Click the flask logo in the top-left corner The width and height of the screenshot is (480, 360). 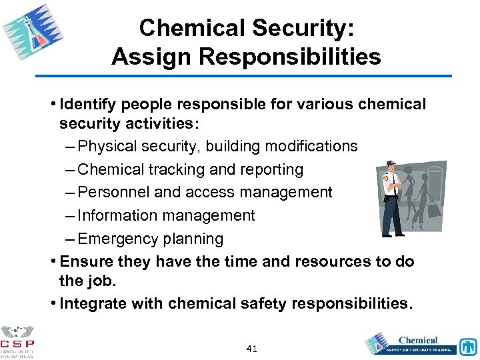33,34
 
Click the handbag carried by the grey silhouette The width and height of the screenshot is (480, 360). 434,211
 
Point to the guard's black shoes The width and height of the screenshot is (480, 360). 393,233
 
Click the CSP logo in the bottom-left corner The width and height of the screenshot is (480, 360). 18,341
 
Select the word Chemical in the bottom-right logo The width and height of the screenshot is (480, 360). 418,340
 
